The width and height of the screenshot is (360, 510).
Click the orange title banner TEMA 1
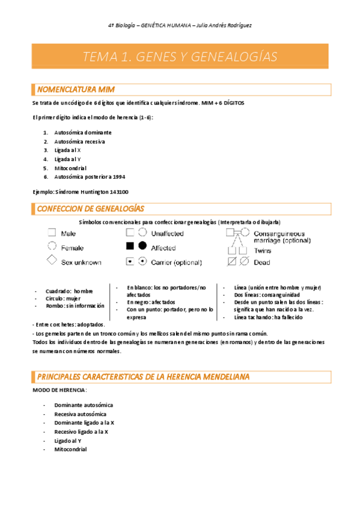click(180, 57)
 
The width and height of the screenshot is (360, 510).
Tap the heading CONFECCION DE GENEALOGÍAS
click(90, 209)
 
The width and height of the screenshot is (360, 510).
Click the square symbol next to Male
click(52, 233)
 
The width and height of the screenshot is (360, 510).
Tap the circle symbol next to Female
click(52, 247)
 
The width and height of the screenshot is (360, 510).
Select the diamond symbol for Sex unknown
click(52, 261)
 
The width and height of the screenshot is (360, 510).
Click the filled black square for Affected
click(129, 247)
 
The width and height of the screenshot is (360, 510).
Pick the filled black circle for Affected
click(142, 247)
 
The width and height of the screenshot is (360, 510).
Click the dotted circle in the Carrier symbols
click(142, 262)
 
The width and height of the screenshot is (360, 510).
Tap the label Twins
click(262, 251)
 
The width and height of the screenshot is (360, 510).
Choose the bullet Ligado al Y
click(68, 440)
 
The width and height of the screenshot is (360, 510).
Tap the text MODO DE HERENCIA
click(59, 390)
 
